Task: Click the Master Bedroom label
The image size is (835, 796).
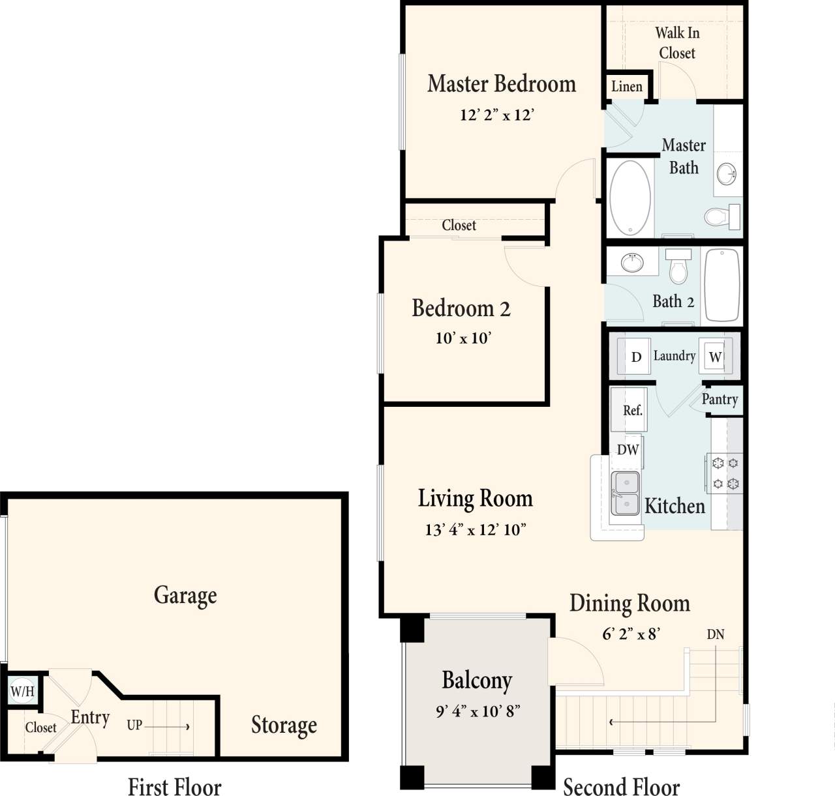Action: tap(501, 84)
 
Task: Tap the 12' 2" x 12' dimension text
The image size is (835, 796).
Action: tap(496, 115)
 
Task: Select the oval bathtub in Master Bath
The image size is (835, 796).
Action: tap(630, 197)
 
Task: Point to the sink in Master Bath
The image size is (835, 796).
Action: tap(726, 174)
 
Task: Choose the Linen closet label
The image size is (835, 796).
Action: tap(626, 87)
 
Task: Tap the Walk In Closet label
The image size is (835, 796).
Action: tap(677, 43)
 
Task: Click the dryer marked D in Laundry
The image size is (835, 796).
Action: tap(636, 357)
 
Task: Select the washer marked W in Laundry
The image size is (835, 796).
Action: tap(714, 357)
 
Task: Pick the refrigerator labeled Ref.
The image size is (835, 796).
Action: tap(631, 411)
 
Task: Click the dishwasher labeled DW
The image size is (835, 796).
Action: tap(628, 450)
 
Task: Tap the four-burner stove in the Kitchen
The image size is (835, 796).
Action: tap(725, 473)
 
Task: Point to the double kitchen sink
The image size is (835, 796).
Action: tap(625, 494)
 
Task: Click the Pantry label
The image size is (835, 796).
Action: tap(720, 400)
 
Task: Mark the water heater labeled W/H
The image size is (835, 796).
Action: tap(22, 691)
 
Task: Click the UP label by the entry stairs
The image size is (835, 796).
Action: tap(134, 725)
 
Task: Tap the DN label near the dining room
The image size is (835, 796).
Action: tap(715, 634)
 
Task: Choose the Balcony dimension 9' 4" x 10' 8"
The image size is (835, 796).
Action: tap(478, 711)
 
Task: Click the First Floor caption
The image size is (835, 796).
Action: tap(174, 786)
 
